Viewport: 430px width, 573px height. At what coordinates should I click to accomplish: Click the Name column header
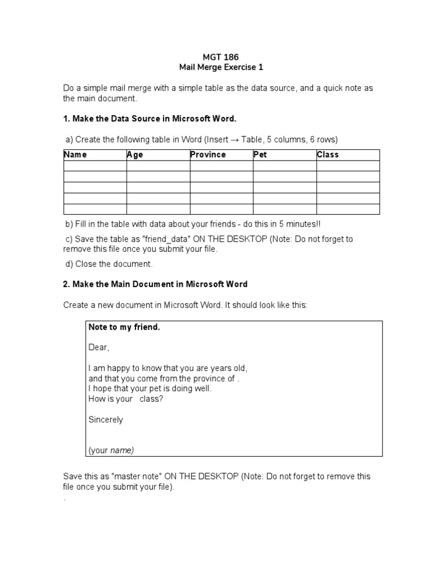[76, 155]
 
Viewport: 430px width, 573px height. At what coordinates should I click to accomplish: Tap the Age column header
[135, 155]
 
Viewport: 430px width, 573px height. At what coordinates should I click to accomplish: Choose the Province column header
[208, 155]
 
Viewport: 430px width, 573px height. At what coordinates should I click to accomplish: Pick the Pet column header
[260, 155]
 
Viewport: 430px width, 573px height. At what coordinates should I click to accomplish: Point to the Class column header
[328, 155]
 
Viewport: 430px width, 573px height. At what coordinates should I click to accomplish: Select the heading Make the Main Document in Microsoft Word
[155, 284]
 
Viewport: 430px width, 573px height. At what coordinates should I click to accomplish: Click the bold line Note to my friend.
[124, 327]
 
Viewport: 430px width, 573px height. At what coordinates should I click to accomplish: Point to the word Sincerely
[106, 419]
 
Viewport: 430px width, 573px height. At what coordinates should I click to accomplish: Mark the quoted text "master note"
[137, 476]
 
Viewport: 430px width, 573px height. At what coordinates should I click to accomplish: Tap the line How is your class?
[126, 399]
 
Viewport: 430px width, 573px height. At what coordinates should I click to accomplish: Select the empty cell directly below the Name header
[95, 166]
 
